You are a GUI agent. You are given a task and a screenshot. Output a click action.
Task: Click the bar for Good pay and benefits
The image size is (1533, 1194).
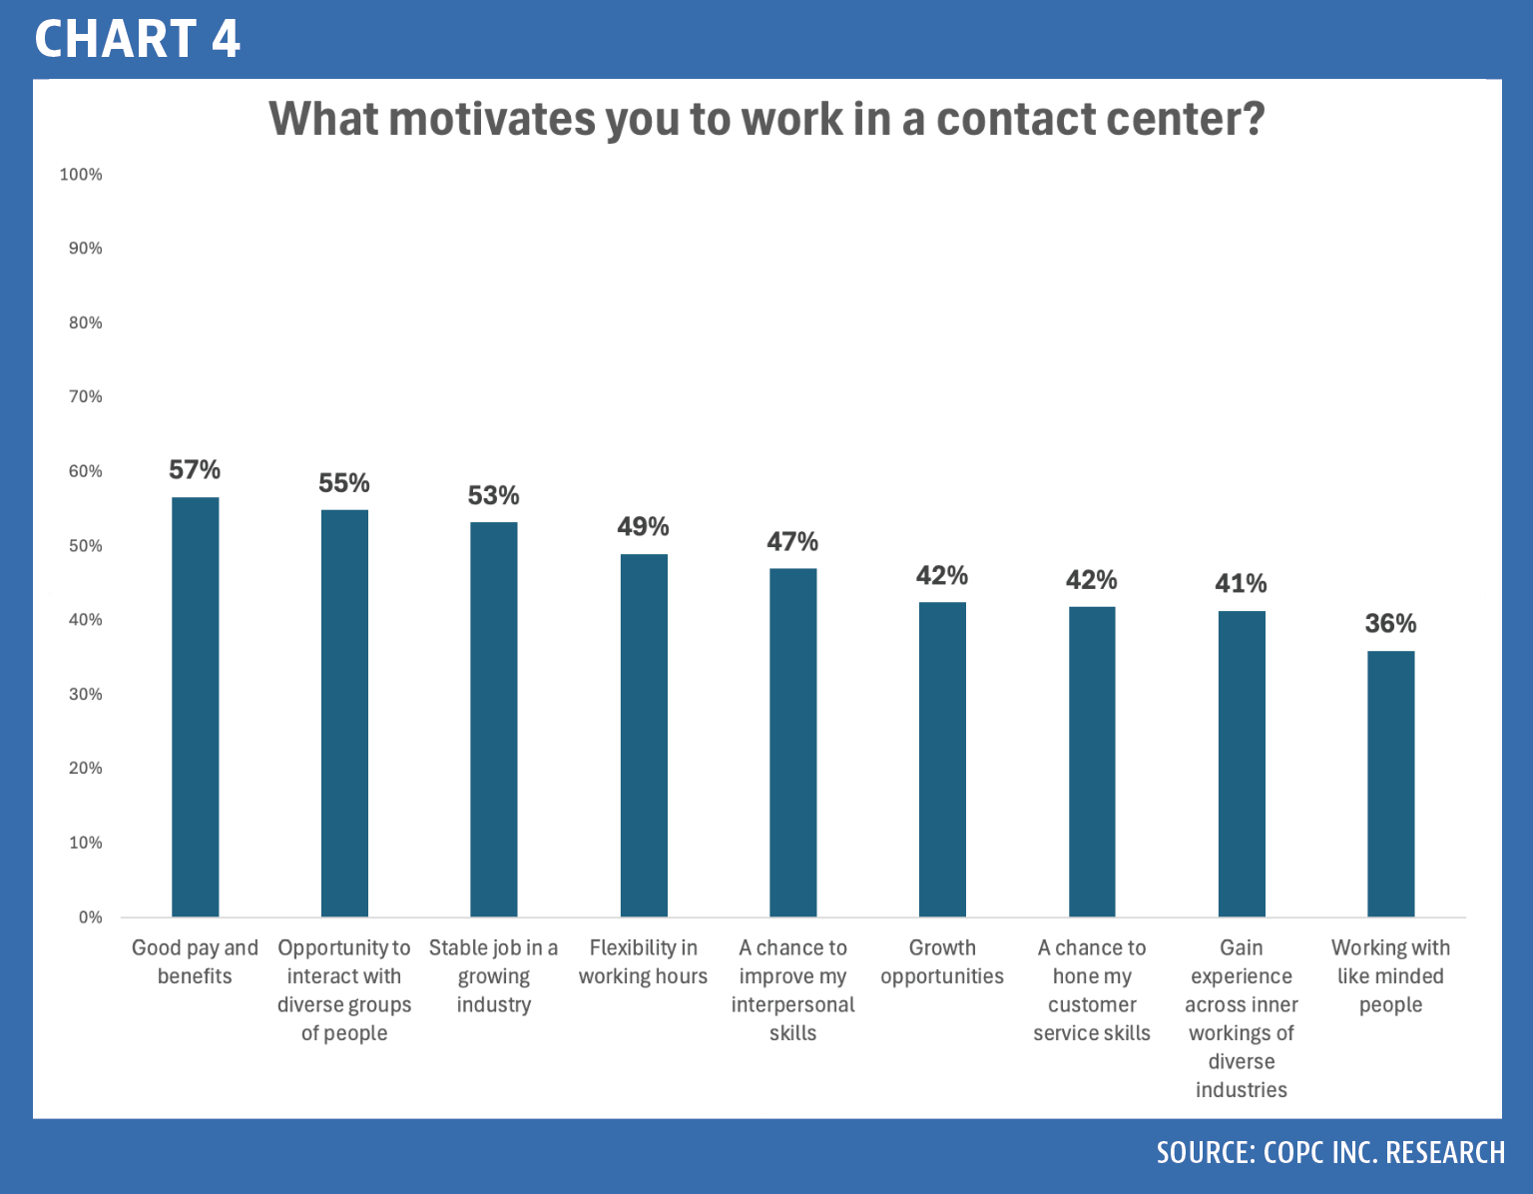coord(196,707)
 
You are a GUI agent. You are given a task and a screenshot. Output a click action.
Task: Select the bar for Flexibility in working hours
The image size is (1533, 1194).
coord(644,736)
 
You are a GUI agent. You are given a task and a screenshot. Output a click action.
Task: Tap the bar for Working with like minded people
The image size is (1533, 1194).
coord(1391,784)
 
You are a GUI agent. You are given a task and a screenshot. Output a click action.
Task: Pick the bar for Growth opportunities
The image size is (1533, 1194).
coord(942,760)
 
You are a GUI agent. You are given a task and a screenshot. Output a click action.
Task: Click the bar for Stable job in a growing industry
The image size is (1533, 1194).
coord(494,720)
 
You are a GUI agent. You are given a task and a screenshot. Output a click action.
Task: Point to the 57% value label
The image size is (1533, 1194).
coord(195,470)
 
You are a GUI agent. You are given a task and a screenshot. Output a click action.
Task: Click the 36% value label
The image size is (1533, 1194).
coord(1390,623)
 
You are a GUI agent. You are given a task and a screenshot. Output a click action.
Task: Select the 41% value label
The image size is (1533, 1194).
coord(1241,584)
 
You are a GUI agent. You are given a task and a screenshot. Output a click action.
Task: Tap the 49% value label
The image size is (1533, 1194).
coord(644,526)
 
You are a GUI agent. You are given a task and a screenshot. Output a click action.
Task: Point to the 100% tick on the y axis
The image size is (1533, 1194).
coord(81,175)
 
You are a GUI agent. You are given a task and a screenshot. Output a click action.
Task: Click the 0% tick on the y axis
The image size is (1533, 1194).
coord(90,917)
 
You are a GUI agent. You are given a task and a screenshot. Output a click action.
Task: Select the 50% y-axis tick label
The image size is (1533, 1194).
coord(86,545)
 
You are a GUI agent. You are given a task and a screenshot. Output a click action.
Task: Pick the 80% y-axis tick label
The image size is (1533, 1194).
coord(86,322)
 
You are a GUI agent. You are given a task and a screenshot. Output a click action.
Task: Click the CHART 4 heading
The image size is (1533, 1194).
coord(138,38)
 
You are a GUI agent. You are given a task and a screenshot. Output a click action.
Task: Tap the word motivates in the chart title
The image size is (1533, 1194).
coord(492,118)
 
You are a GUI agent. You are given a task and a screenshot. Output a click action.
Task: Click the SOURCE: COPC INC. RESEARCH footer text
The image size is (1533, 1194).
coord(1330,1152)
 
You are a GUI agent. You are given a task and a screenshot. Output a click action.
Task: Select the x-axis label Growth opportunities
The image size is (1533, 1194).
coord(942,961)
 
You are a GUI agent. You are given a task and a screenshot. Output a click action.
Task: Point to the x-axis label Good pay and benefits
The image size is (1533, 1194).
coord(195,961)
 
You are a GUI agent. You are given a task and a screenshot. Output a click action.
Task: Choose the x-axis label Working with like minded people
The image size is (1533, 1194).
coord(1390,976)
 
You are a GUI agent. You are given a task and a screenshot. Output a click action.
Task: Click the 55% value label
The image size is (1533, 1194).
coord(344,483)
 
